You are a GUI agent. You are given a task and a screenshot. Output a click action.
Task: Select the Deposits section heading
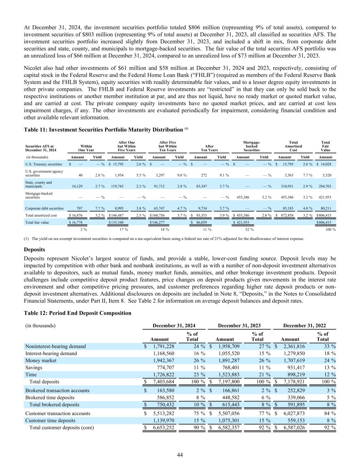pyautogui.click(x=34, y=250)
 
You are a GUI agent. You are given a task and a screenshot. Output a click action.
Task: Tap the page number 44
pyautogui.click(x=180, y=454)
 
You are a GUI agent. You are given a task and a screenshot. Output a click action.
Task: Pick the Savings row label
pyautogui.click(x=34, y=368)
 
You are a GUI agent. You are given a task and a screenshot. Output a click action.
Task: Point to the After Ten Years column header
pyautogui.click(x=210, y=148)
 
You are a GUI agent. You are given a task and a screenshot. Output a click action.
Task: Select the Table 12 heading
pyautogui.click(x=77, y=313)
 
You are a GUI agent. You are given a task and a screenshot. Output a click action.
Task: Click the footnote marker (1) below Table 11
pyautogui.click(x=27, y=239)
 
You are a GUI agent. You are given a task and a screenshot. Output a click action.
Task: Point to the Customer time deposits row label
pyautogui.click(x=50, y=421)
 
